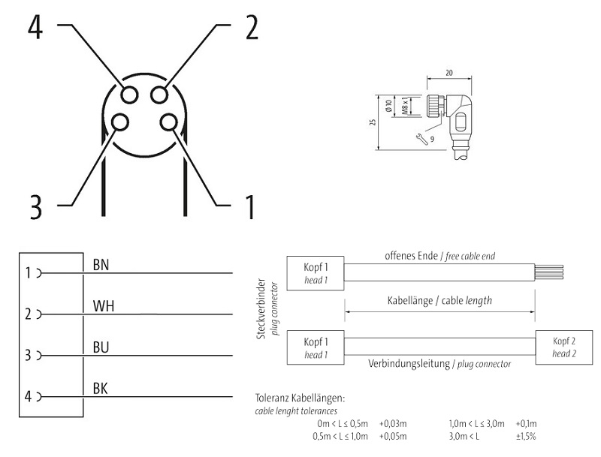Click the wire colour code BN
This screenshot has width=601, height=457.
[101, 264]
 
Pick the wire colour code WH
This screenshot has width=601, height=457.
[103, 305]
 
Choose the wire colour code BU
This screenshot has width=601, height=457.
[101, 347]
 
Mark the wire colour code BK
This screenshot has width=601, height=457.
[101, 388]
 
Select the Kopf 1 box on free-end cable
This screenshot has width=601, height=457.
[316, 272]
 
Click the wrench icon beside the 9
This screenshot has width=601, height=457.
[421, 137]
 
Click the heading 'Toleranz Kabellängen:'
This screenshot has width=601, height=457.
[295, 398]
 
